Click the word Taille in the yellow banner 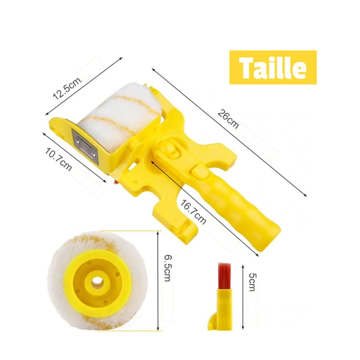pyautogui.click(x=272, y=67)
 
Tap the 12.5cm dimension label pyautogui.click(x=67, y=88)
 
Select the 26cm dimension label pyautogui.click(x=228, y=119)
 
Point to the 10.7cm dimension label pyautogui.click(x=58, y=160)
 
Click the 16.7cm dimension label pyautogui.click(x=193, y=212)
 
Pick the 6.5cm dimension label pyautogui.click(x=167, y=268)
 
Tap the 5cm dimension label pyautogui.click(x=253, y=282)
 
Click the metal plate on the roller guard pyautogui.click(x=85, y=146)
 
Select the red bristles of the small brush pyautogui.click(x=225, y=276)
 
